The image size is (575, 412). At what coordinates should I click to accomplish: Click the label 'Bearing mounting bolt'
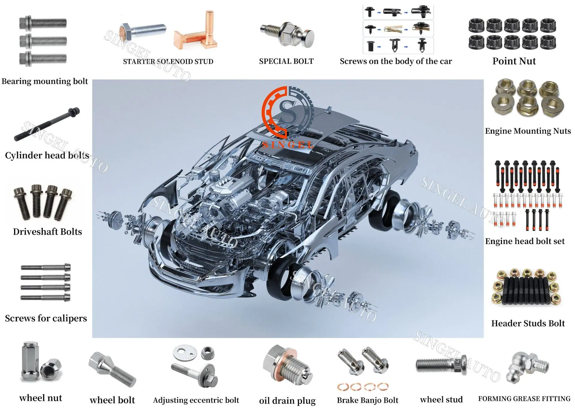45,81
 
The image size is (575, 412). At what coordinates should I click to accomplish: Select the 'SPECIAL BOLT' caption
286,61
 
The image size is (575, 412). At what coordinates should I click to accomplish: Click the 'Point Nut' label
514,61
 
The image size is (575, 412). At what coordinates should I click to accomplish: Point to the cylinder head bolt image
47,124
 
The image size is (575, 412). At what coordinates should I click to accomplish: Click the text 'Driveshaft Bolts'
47,232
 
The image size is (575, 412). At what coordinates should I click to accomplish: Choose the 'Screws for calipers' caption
46,318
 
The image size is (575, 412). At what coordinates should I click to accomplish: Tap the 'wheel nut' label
41,398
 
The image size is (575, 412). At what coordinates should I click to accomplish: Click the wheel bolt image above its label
113,369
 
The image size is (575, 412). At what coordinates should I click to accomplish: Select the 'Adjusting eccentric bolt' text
196,400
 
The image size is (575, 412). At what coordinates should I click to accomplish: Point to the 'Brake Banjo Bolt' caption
367,400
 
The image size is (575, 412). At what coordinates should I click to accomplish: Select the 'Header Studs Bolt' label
528,323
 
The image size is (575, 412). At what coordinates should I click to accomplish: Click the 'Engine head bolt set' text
525,241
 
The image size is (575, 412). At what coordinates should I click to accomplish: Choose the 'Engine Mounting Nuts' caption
528,131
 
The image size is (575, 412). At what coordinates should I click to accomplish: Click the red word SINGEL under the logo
288,145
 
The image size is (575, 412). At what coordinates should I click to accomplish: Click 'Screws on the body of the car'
396,61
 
